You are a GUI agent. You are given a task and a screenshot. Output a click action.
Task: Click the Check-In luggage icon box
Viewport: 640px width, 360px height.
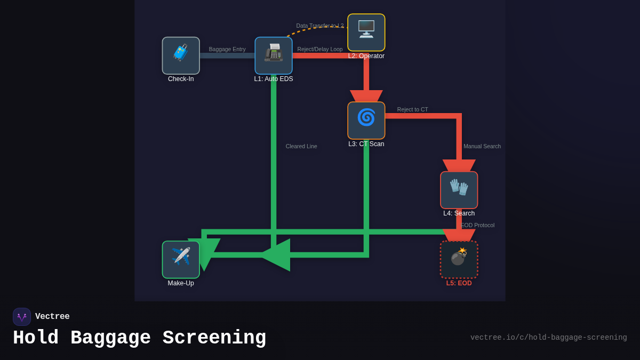pos(181,55)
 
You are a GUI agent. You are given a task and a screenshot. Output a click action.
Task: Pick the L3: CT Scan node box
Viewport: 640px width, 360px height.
pos(366,121)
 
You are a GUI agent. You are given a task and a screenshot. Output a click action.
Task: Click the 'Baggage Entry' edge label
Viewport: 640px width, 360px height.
pos(227,49)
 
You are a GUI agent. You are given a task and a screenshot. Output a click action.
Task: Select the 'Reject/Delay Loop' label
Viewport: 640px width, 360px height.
pos(320,49)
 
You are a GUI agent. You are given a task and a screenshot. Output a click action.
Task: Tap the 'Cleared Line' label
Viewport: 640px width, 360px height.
pos(301,146)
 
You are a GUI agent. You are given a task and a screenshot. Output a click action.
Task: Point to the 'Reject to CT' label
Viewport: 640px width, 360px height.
pos(412,109)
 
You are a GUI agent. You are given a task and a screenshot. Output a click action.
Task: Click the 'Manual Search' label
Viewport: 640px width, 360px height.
pos(482,146)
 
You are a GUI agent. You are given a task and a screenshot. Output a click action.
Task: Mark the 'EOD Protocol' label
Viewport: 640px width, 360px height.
pos(477,225)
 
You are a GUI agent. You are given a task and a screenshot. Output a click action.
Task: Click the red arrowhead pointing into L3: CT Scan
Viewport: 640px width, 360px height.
pos(366,96)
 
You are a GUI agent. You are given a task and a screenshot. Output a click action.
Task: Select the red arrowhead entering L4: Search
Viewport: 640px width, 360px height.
pos(459,165)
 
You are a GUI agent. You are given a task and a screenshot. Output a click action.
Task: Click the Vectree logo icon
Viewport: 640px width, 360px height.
pos(22,317)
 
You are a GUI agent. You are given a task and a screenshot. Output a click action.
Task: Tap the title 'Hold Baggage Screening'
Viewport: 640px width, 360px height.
pos(139,338)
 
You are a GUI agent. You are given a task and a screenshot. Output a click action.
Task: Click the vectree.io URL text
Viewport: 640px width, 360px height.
pos(548,338)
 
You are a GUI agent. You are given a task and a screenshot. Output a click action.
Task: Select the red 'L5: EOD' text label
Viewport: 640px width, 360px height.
pos(459,283)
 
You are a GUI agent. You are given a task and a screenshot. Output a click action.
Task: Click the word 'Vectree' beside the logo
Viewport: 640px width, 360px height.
pos(52,317)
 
